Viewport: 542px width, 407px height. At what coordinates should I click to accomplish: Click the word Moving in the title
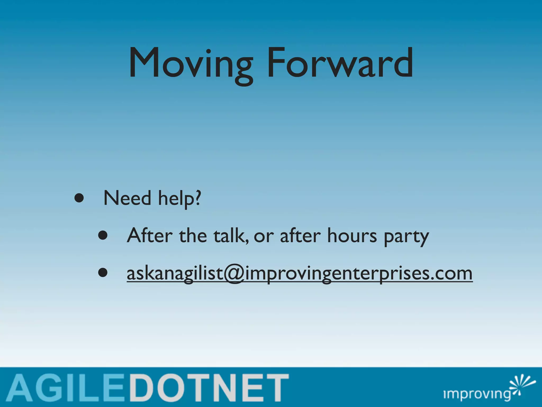click(x=191, y=64)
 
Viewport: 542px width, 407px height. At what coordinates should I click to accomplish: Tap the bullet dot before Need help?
click(x=79, y=198)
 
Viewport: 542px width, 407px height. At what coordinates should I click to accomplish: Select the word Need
click(x=127, y=198)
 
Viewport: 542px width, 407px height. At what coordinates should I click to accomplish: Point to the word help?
click(x=180, y=199)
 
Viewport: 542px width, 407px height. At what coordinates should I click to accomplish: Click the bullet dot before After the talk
click(x=103, y=235)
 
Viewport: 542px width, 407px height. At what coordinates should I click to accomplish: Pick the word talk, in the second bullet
click(x=231, y=236)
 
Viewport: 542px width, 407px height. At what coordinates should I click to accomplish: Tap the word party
click(x=406, y=237)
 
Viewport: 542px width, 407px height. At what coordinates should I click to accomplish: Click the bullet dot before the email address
click(x=103, y=273)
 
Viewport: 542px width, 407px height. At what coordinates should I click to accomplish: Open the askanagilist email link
click(x=299, y=274)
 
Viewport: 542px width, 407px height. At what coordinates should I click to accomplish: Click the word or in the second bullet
click(x=264, y=236)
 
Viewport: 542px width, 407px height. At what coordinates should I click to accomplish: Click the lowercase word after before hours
click(x=300, y=236)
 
